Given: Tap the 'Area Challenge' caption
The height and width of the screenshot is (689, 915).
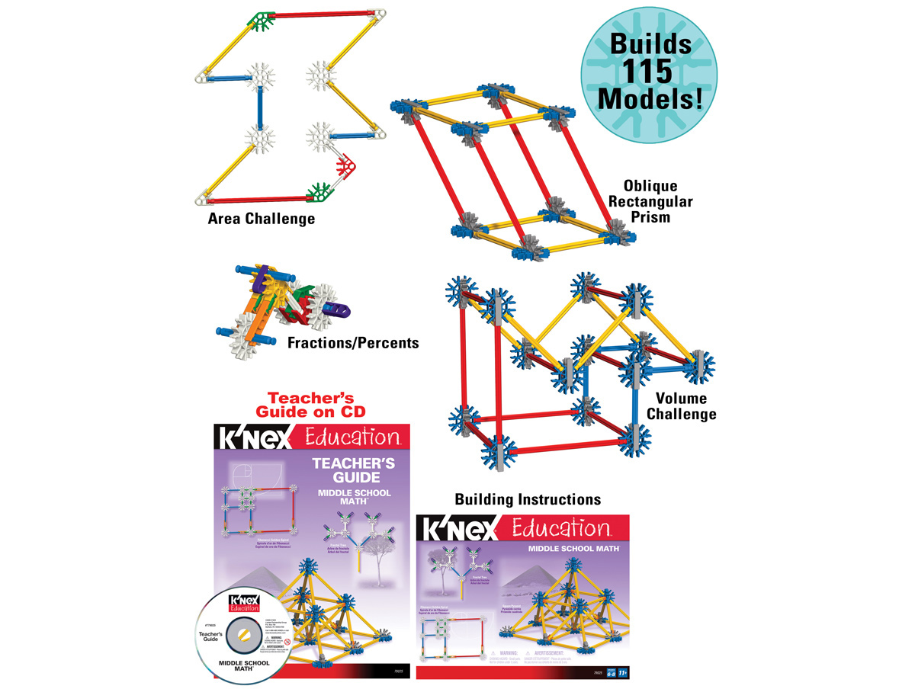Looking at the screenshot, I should click(262, 219).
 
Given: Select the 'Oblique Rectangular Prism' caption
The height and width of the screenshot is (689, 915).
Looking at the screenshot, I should click(650, 202).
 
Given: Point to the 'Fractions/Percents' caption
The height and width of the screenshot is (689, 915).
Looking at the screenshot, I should click(353, 343).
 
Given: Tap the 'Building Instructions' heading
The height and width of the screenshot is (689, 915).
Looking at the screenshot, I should click(528, 499).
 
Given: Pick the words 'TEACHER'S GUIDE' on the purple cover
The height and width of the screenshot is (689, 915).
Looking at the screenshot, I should click(345, 469).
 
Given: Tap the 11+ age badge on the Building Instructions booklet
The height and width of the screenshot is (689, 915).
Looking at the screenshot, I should click(622, 674).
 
